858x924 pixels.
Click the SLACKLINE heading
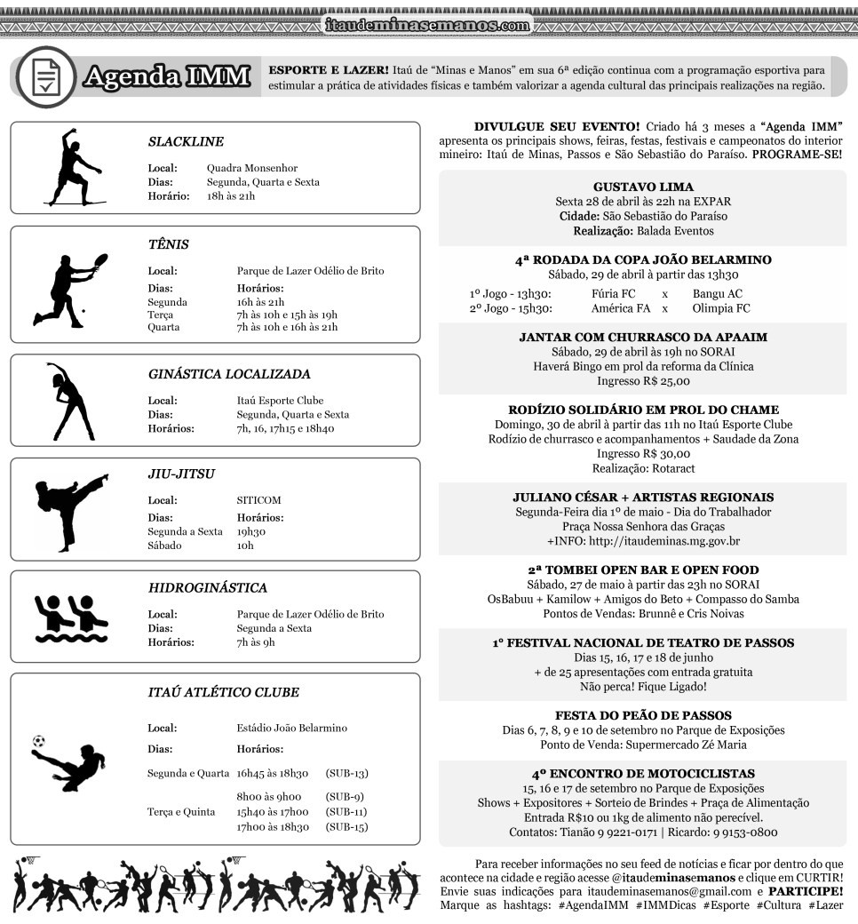(186, 141)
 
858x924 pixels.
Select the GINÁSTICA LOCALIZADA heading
(229, 374)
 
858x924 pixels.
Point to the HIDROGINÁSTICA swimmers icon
(71, 616)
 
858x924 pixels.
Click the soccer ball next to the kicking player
(38, 740)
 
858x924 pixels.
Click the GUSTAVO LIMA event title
(642, 187)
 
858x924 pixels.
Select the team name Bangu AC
(717, 294)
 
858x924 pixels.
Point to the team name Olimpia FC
(720, 308)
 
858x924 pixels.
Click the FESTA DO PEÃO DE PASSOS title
(643, 715)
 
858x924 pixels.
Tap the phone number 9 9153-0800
(744, 832)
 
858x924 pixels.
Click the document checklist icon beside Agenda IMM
(46, 77)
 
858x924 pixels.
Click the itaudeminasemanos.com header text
(427, 26)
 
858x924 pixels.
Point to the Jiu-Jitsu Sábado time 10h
(246, 546)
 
